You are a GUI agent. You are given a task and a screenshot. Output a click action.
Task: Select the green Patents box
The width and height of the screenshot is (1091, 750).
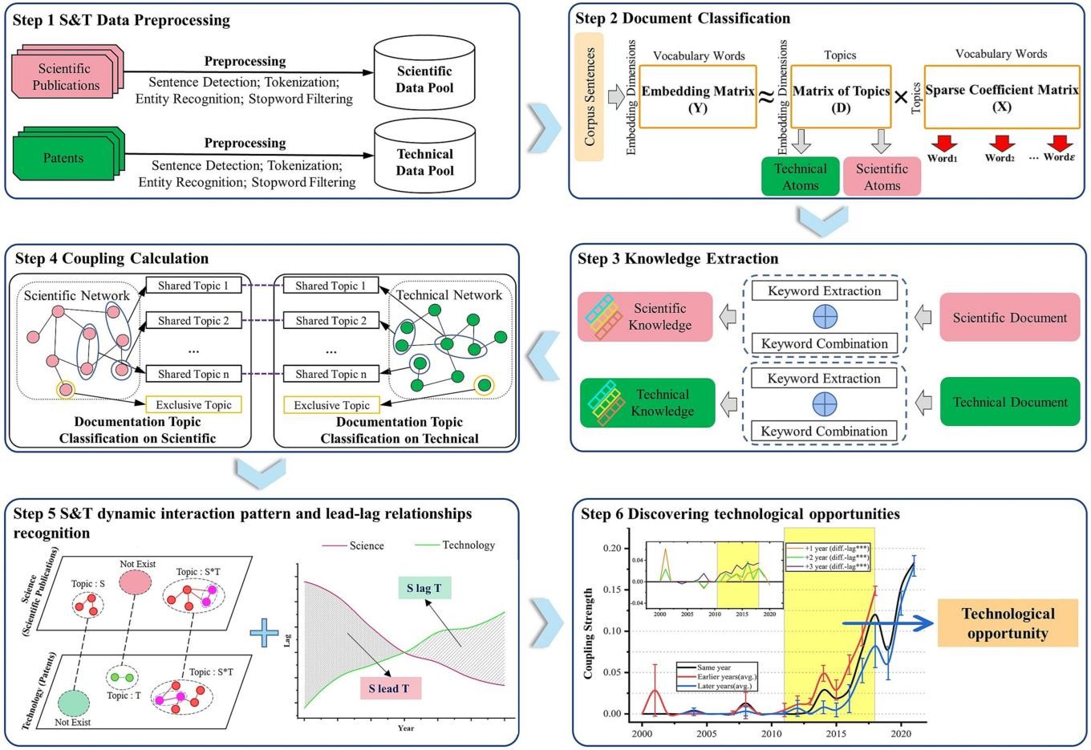tap(64, 158)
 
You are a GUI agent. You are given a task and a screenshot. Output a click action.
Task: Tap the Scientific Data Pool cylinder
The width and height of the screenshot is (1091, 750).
tap(424, 79)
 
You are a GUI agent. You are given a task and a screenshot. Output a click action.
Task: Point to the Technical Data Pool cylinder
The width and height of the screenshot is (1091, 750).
tap(424, 161)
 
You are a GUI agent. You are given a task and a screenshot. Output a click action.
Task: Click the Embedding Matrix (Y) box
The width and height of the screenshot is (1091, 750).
tap(697, 98)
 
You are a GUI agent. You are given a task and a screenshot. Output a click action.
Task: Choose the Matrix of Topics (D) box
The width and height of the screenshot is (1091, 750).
tap(841, 98)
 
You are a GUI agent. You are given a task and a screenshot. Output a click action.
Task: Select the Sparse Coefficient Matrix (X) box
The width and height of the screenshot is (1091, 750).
tap(1001, 98)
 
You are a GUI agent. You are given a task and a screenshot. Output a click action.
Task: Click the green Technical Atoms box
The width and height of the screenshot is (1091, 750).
tap(800, 176)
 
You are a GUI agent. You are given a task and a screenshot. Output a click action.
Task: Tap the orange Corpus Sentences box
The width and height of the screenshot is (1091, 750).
tap(590, 96)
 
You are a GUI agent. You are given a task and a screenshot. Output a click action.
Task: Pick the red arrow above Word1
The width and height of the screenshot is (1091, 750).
tap(943, 143)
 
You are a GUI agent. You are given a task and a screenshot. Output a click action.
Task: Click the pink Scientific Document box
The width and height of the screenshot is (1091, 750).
tap(1009, 318)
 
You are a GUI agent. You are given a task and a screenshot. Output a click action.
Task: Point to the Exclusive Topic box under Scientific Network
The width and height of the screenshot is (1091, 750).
tap(193, 405)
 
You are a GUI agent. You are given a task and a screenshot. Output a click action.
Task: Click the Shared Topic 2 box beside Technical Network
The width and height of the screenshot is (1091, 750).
tap(331, 321)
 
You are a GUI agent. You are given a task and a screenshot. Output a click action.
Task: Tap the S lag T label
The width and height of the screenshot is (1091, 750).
tap(424, 588)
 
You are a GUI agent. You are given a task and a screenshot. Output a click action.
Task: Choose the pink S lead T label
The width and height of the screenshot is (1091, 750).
tap(390, 688)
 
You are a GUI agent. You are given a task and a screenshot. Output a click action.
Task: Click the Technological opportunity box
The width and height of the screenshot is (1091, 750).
tap(1008, 623)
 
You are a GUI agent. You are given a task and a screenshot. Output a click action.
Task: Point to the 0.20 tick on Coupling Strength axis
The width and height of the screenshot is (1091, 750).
tap(611, 548)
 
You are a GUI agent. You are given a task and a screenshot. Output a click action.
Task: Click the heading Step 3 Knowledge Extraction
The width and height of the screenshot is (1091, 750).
tap(678, 258)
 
